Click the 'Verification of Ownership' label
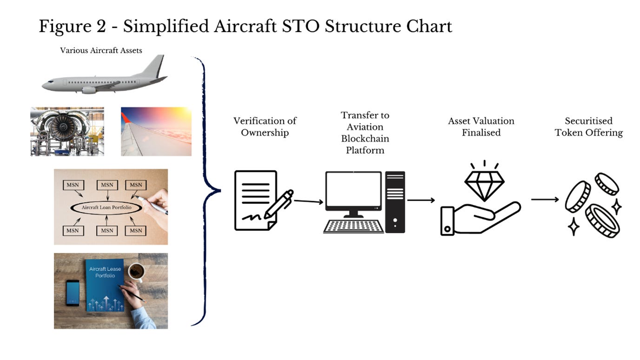(264, 127)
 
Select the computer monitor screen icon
(354, 191)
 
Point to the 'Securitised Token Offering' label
(588, 127)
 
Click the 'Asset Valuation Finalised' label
(481, 127)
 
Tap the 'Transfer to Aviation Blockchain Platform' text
(365, 132)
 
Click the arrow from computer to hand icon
(421, 200)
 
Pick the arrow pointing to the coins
(545, 200)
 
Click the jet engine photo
(67, 131)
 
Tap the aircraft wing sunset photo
(156, 131)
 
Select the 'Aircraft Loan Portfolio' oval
(106, 208)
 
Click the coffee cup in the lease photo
(136, 271)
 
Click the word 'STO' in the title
(302, 26)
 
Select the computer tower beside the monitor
(395, 202)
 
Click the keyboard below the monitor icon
(354, 226)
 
